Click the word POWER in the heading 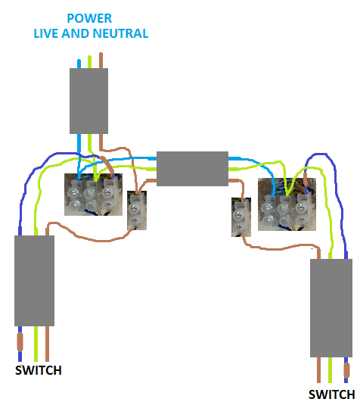(89, 18)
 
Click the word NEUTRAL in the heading (120, 33)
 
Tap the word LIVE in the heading (46, 33)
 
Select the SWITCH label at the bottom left (39, 370)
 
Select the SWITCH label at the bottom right (331, 394)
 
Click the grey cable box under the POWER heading (88, 101)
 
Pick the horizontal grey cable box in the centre (192, 168)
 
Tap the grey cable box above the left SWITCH (34, 281)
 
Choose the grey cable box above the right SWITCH (331, 308)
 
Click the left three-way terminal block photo (93, 195)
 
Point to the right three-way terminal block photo (287, 204)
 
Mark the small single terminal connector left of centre (137, 210)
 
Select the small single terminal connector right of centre (241, 217)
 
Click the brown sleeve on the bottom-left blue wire (20, 341)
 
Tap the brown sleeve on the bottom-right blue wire (346, 370)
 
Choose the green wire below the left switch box (36, 344)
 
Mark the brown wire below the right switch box (318, 370)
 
